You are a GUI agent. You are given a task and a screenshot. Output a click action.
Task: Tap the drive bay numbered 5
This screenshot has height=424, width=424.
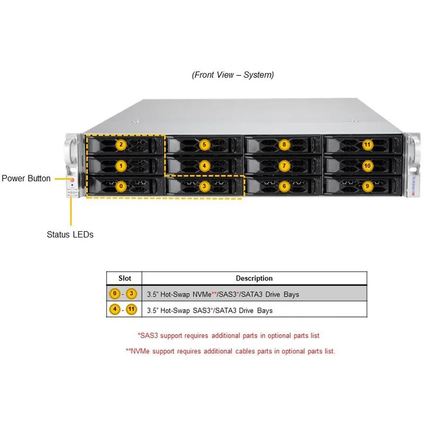(x=204, y=144)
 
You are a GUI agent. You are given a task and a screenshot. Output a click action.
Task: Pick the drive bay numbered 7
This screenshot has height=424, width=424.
(x=285, y=166)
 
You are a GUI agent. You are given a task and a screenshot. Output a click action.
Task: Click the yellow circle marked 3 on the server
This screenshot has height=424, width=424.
(x=204, y=186)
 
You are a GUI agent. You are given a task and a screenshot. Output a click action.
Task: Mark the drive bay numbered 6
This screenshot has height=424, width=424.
(x=285, y=186)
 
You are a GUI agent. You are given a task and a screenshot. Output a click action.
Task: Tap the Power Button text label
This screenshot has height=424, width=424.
(x=26, y=179)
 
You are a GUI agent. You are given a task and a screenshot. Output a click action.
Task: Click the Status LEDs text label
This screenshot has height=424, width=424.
(x=70, y=234)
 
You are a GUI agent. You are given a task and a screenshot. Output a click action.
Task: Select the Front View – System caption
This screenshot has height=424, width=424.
(x=233, y=75)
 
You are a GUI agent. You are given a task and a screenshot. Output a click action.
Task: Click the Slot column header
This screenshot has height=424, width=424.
(x=125, y=278)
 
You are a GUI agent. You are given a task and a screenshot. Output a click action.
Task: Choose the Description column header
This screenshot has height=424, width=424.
(x=254, y=278)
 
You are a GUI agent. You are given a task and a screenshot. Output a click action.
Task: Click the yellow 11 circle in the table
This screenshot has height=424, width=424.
(x=131, y=310)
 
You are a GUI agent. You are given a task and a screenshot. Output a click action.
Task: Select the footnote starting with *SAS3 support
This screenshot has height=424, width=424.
(x=228, y=335)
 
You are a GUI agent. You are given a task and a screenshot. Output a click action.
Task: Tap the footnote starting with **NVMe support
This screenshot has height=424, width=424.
(x=230, y=351)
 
